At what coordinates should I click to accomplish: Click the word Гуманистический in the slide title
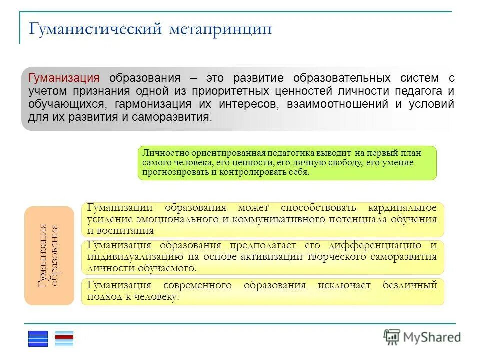(x=95, y=29)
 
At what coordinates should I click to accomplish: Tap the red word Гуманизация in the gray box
(x=64, y=78)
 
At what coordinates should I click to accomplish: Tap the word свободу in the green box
(x=347, y=163)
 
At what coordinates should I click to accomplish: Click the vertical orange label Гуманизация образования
(x=49, y=255)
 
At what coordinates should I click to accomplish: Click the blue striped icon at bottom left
(x=38, y=338)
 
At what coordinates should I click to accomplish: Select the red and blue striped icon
(x=64, y=338)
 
